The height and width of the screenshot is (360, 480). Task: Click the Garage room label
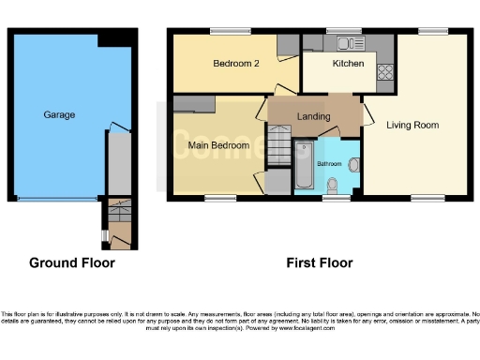[x=58, y=114]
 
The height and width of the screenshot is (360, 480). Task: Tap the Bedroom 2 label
[x=235, y=64]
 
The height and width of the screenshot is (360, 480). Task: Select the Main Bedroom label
[x=217, y=145]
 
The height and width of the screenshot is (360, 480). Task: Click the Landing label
[x=313, y=116]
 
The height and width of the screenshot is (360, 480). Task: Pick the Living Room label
[x=413, y=124]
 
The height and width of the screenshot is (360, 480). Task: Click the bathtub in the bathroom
[x=304, y=168]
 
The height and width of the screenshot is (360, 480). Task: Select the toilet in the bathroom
[x=352, y=167]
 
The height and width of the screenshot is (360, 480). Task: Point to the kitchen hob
[x=384, y=70]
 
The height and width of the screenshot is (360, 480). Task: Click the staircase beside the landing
[x=279, y=150]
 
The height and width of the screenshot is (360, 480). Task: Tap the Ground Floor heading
[x=72, y=262]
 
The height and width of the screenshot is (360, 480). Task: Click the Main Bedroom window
[x=220, y=198]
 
